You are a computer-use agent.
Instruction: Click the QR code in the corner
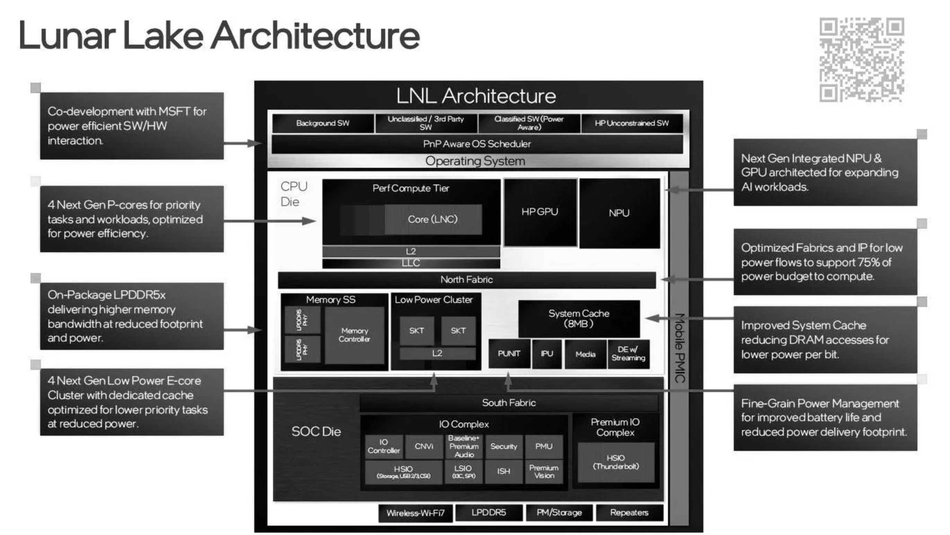(x=862, y=60)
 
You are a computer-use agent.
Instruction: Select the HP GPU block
(x=540, y=212)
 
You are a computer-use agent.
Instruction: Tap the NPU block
(x=619, y=213)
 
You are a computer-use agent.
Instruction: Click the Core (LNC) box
(x=433, y=219)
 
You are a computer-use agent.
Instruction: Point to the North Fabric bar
(x=467, y=280)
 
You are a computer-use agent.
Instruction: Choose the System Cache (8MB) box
(x=579, y=318)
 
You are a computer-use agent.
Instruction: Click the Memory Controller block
(x=354, y=335)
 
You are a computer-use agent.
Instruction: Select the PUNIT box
(x=509, y=354)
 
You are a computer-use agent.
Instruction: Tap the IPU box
(x=547, y=354)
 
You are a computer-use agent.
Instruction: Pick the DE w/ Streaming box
(x=628, y=354)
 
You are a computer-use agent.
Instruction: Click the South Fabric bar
(x=509, y=403)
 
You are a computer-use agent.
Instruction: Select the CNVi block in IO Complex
(x=424, y=446)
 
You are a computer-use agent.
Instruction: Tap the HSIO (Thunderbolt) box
(x=616, y=462)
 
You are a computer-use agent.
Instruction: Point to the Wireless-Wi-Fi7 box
(x=415, y=513)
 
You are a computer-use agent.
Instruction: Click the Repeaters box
(x=629, y=513)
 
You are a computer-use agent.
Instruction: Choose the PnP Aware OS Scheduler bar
(x=477, y=144)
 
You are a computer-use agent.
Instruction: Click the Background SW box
(x=323, y=123)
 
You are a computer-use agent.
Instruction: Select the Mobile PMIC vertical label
(x=679, y=348)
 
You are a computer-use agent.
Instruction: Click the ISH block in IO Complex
(x=503, y=471)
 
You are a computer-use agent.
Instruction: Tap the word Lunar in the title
(x=67, y=36)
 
